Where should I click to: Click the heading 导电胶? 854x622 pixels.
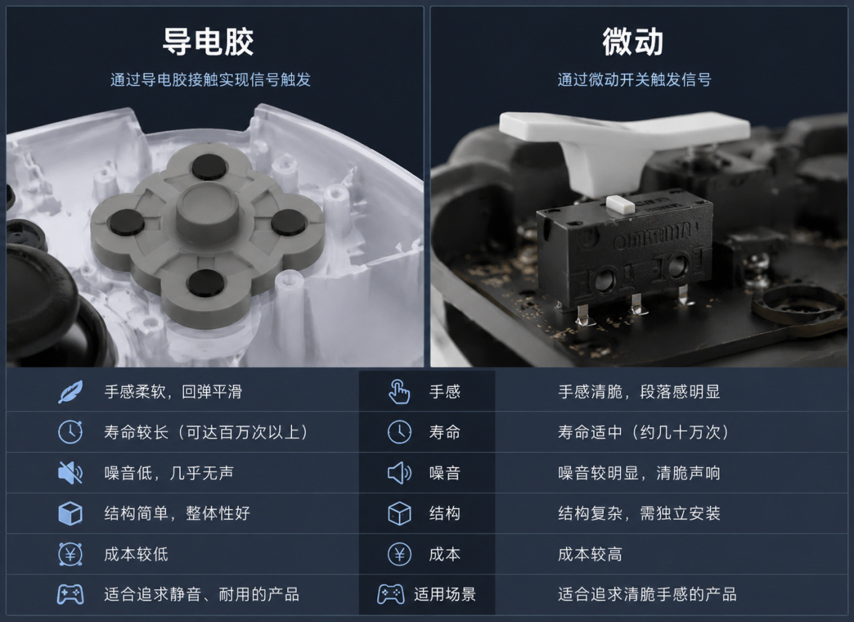208,42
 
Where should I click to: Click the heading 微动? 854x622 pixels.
633,42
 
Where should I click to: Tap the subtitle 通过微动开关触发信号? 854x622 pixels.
634,79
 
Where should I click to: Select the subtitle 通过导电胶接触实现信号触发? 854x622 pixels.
210,79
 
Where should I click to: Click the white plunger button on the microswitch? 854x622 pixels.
620,204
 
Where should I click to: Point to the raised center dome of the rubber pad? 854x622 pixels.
207,206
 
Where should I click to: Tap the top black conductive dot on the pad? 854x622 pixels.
209,167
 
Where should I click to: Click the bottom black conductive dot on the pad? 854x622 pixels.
206,283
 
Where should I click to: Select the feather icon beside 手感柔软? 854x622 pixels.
71,391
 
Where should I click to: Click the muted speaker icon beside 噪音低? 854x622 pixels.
70,473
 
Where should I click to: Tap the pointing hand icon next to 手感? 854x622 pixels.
399,391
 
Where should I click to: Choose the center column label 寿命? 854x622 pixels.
444,432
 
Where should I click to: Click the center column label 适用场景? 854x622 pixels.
445,594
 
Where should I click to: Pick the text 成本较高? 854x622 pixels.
590,554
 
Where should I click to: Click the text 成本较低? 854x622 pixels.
136,554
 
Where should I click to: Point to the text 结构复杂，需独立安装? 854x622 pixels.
639,513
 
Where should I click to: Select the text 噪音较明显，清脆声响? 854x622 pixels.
639,473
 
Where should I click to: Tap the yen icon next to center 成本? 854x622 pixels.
399,554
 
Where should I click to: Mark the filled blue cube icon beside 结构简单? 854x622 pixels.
71,513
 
